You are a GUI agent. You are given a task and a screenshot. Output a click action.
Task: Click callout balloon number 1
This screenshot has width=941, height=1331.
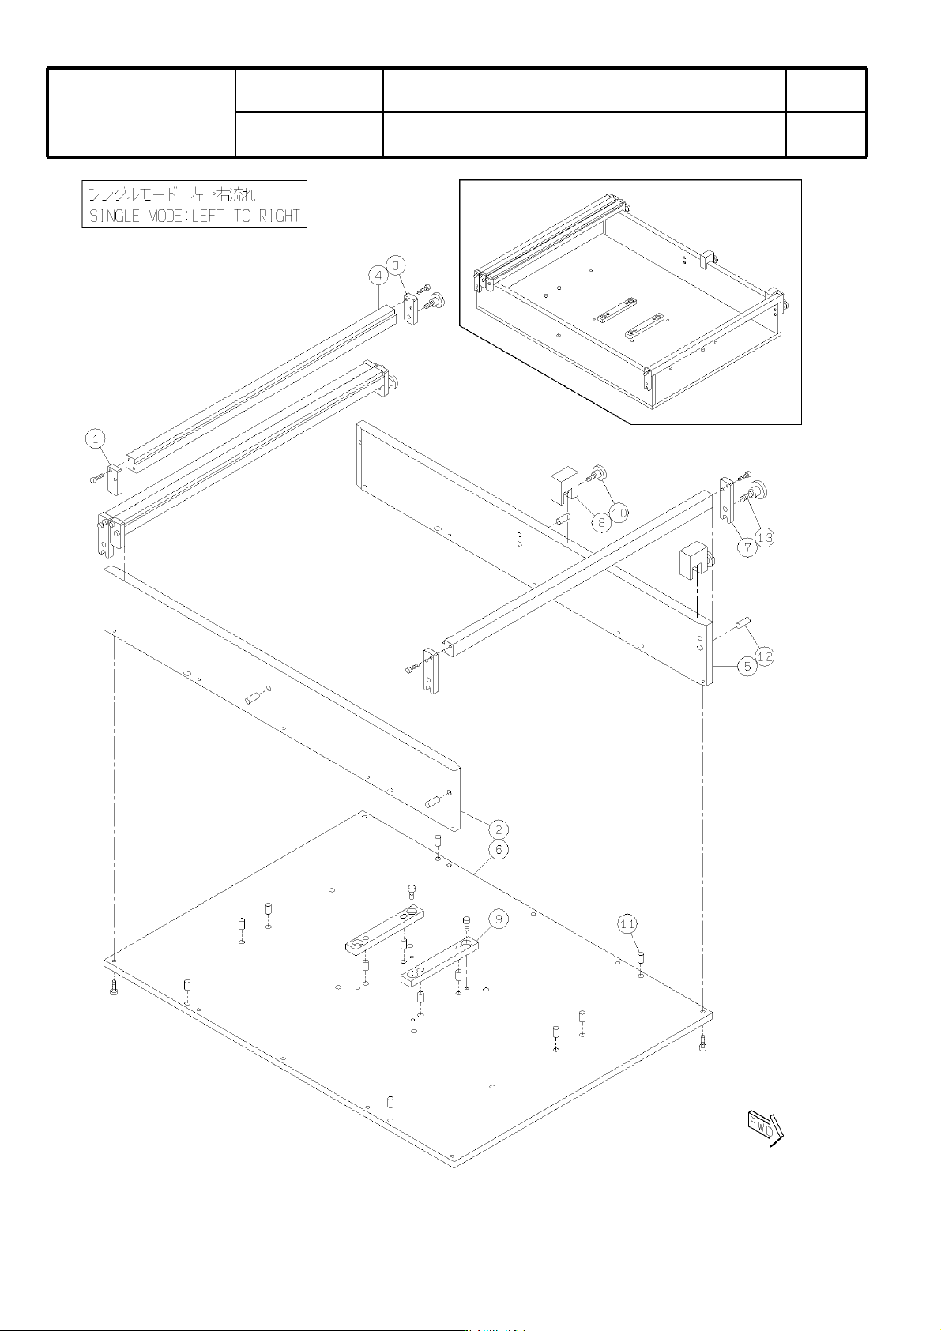tap(95, 439)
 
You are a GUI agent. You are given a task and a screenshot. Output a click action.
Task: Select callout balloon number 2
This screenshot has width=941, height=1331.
tap(498, 829)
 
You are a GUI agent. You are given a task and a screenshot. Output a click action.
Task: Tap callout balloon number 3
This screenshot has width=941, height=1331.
tap(397, 265)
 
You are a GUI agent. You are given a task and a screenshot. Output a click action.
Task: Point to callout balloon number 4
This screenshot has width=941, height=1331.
tap(378, 276)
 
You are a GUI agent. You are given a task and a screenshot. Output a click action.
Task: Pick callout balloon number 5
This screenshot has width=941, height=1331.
tap(747, 667)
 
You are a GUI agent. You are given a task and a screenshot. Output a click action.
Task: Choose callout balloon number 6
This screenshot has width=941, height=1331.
tap(498, 850)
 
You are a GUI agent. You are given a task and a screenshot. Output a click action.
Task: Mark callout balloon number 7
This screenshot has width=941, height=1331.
tap(747, 547)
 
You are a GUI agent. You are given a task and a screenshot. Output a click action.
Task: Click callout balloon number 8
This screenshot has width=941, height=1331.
tap(601, 522)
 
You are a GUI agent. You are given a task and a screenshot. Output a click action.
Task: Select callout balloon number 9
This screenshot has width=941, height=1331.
tap(498, 919)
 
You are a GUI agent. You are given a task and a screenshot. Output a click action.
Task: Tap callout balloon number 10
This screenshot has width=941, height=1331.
tap(619, 512)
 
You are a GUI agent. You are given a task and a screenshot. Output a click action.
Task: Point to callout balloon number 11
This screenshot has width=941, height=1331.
tap(627, 924)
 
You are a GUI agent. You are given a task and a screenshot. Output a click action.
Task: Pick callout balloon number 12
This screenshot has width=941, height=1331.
tap(766, 656)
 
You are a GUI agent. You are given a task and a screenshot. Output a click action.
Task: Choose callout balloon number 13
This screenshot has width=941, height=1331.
tap(766, 538)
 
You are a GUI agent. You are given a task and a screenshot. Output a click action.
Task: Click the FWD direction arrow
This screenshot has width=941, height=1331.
tap(766, 1127)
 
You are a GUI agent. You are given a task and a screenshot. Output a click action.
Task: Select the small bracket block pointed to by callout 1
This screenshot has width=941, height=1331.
tap(114, 479)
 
